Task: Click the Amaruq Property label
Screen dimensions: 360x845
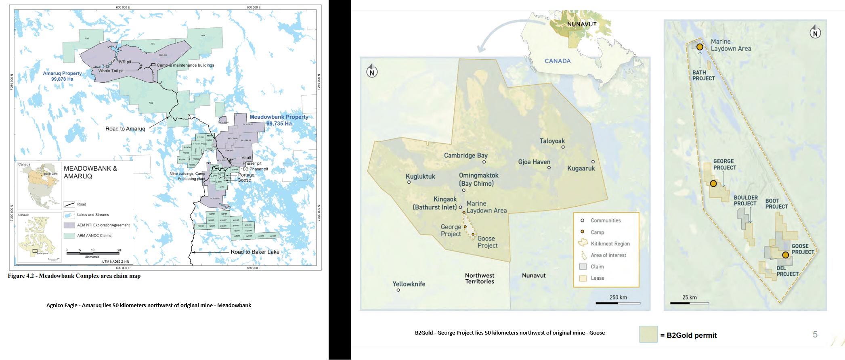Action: click(62, 76)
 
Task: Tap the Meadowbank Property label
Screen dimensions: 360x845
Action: click(279, 120)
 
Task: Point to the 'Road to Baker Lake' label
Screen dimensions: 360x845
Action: click(255, 252)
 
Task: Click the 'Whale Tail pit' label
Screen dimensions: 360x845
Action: click(111, 71)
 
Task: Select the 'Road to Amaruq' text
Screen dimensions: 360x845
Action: click(125, 129)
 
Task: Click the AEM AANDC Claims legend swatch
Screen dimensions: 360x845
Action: click(69, 236)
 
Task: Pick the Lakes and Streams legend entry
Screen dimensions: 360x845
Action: click(93, 215)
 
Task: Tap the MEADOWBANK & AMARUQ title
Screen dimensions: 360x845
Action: click(90, 172)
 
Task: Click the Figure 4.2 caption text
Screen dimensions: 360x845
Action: click(74, 276)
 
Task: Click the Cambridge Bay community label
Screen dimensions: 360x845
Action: click(465, 155)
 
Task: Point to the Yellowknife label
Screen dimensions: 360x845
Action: click(409, 284)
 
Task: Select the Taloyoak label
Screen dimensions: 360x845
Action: click(552, 141)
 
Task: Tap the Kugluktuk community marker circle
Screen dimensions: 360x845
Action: click(409, 182)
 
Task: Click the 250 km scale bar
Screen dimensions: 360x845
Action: click(618, 303)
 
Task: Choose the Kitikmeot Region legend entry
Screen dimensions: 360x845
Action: click(610, 244)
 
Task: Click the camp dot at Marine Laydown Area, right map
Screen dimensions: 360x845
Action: click(700, 47)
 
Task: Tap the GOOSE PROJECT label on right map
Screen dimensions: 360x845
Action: click(803, 249)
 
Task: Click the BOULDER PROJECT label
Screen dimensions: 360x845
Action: click(745, 201)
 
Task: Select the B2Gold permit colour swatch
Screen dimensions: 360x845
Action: click(648, 335)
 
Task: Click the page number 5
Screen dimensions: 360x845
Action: click(815, 335)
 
